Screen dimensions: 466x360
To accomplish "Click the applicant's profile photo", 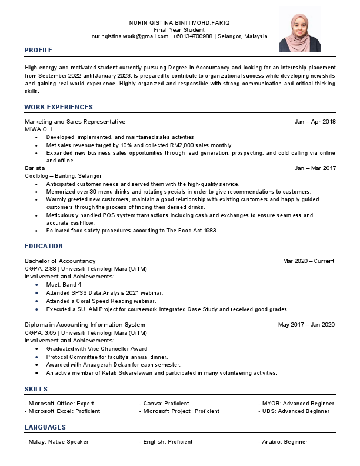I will [300, 29].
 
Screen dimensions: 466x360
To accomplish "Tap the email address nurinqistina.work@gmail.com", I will [129, 36].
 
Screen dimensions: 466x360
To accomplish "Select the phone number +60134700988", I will [193, 36].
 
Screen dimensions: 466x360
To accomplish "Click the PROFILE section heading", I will [38, 50].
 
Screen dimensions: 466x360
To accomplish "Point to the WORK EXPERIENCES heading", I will [58, 107].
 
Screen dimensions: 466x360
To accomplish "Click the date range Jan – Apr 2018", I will [315, 121].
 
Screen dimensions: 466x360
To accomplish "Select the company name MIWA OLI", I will [38, 128].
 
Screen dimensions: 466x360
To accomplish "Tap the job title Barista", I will [35, 168].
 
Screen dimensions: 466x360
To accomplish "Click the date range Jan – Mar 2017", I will [315, 168].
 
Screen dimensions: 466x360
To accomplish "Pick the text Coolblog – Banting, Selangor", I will [63, 175].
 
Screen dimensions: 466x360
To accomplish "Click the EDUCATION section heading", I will [44, 246].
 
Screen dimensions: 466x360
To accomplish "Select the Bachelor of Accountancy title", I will [60, 261].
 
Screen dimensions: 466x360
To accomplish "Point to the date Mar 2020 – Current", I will [308, 261].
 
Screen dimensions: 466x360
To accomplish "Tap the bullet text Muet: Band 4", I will [64, 284].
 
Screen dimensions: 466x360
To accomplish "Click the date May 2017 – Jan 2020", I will [306, 324].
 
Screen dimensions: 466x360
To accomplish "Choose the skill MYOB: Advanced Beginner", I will [298, 404].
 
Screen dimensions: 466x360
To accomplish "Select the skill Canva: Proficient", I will [166, 404].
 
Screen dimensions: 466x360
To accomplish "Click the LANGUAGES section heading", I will [45, 427].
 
